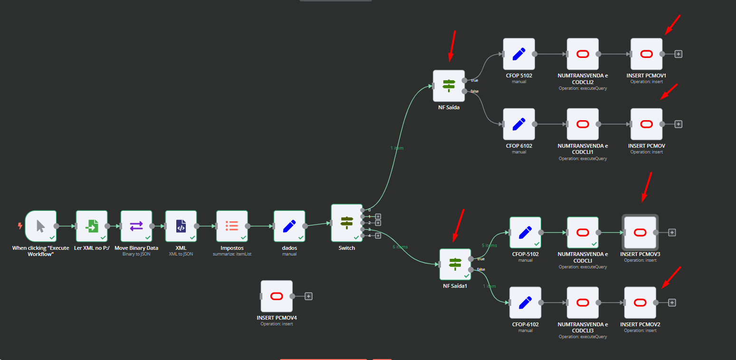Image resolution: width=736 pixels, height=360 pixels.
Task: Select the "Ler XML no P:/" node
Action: click(x=92, y=227)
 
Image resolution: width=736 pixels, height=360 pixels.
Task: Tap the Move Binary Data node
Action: click(x=136, y=227)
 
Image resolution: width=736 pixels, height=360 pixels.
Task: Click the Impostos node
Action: click(x=232, y=227)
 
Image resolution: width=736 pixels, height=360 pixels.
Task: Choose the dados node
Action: click(x=289, y=227)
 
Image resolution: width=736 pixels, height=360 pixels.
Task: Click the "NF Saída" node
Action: click(x=449, y=85)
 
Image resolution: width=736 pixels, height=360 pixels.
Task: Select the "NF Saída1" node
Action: click(x=455, y=264)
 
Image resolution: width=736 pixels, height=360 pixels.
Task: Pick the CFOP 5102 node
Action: click(x=519, y=54)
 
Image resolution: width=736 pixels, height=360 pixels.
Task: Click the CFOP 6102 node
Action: click(x=519, y=124)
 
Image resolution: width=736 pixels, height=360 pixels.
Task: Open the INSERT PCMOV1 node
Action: click(x=646, y=54)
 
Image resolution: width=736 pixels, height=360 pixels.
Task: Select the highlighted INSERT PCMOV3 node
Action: click(x=640, y=232)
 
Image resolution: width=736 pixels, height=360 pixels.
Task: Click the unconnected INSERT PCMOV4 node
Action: click(x=277, y=296)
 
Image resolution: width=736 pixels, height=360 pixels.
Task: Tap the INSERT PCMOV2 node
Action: click(x=640, y=303)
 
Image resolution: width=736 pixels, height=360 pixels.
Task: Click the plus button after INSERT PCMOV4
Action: click(x=308, y=296)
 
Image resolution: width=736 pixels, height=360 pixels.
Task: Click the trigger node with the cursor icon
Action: click(x=41, y=227)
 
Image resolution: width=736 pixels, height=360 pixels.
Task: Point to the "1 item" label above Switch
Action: click(x=397, y=148)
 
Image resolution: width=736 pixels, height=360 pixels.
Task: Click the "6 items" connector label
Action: click(x=400, y=247)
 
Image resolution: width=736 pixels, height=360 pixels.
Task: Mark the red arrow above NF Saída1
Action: click(x=458, y=226)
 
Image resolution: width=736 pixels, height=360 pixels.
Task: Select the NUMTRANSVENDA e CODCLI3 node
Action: click(x=583, y=303)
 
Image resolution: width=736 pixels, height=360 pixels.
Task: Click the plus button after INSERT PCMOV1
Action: click(x=679, y=54)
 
